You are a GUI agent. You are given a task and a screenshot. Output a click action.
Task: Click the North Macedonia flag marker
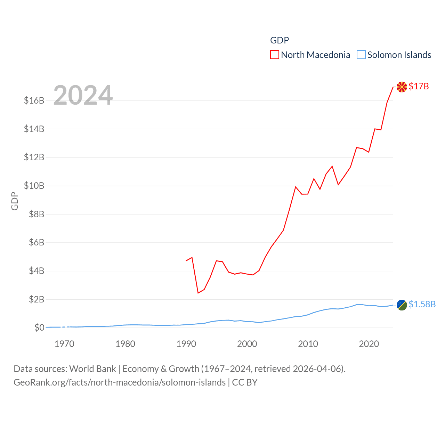pyautogui.click(x=402, y=87)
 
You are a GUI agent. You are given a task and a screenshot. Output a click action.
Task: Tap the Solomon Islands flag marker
pyautogui.click(x=402, y=305)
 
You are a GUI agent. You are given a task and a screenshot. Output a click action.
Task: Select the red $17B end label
pyautogui.click(x=419, y=86)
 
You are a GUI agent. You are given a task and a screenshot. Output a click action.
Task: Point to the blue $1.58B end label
pyautogui.click(x=422, y=304)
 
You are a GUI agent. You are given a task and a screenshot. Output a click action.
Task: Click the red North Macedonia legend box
pyautogui.click(x=275, y=55)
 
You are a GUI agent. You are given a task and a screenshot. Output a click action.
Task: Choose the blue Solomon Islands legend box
pyautogui.click(x=361, y=55)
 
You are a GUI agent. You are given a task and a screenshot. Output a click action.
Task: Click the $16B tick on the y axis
pyautogui.click(x=34, y=100)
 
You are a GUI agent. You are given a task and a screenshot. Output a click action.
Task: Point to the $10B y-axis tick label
pyautogui.click(x=34, y=186)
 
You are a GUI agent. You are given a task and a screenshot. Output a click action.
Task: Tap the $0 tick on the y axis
pyautogui.click(x=39, y=327)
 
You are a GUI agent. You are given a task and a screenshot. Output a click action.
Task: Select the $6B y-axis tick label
pyautogui.click(x=37, y=242)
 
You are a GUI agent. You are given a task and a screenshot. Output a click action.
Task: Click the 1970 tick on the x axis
pyautogui.click(x=64, y=344)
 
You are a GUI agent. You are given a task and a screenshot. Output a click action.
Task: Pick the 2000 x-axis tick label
pyautogui.click(x=247, y=344)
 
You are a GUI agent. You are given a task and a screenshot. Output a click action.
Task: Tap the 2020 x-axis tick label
pyautogui.click(x=369, y=344)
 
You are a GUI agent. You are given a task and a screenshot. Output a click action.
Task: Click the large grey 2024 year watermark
pyautogui.click(x=83, y=95)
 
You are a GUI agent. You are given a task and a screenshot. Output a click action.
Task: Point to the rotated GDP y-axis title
pyautogui.click(x=15, y=201)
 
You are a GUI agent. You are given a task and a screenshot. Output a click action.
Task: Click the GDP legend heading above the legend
pyautogui.click(x=280, y=40)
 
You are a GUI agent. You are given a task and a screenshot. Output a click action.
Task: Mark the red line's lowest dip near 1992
pyautogui.click(x=198, y=293)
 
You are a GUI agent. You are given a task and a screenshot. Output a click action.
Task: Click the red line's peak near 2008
pyautogui.click(x=296, y=187)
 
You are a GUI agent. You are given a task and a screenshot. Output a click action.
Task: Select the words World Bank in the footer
pyautogui.click(x=93, y=369)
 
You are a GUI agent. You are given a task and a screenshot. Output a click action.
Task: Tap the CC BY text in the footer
pyautogui.click(x=245, y=382)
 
